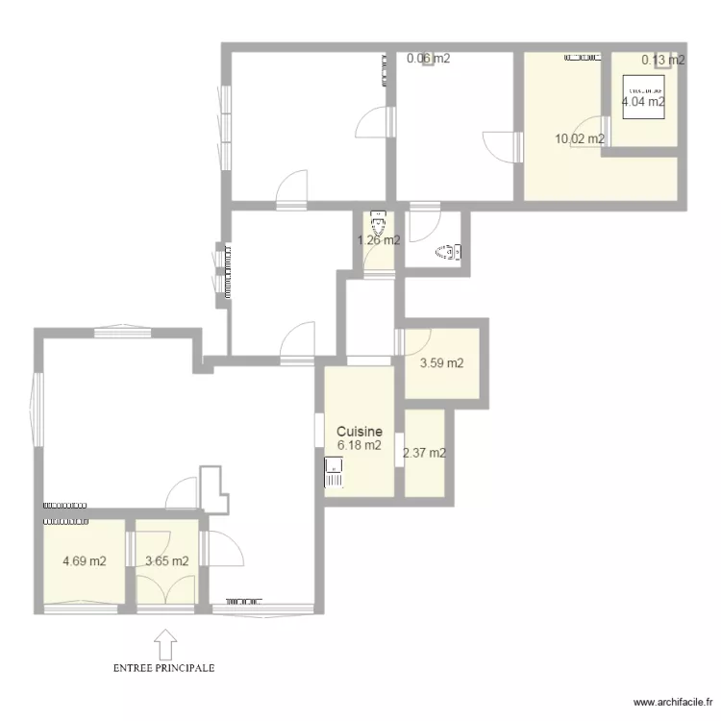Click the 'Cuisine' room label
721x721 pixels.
click(360, 433)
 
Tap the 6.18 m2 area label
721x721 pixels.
click(360, 446)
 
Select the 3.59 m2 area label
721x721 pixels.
click(442, 363)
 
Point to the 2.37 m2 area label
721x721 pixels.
click(424, 454)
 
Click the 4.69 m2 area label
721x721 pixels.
click(84, 561)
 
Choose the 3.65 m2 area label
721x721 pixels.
click(166, 561)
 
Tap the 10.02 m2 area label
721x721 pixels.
click(579, 138)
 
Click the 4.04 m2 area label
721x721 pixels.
click(643, 101)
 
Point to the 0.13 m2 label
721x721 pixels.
click(663, 60)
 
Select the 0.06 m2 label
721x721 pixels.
click(428, 59)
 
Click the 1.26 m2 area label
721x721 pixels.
click(379, 240)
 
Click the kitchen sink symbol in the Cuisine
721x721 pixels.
click(334, 472)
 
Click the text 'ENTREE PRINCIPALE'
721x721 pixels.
click(163, 666)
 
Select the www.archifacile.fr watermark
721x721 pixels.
click(668, 701)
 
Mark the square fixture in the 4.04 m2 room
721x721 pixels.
click(643, 96)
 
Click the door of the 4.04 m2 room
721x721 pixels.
click(592, 129)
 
